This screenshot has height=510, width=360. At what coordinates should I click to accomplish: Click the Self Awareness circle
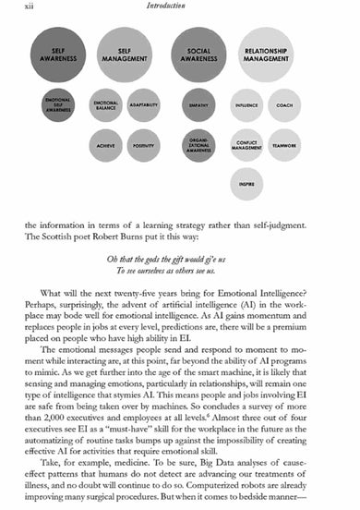point(57,56)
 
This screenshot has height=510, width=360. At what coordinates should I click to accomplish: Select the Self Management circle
point(125,56)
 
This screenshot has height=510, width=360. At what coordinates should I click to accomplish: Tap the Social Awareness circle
point(198,55)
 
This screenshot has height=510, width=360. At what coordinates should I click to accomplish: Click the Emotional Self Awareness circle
point(57,105)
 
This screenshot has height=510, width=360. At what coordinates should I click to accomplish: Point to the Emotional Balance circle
point(105,105)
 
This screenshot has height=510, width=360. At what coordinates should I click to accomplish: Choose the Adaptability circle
point(144,105)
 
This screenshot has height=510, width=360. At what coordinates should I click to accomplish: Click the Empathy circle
point(198,105)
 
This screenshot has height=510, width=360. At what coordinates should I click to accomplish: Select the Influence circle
point(246,105)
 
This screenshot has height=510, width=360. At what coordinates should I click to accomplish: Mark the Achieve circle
point(105,144)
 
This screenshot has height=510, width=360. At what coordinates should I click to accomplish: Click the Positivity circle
point(144,144)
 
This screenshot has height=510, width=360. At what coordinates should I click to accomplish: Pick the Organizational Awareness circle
point(198,144)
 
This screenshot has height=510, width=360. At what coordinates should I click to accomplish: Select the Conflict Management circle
point(246,144)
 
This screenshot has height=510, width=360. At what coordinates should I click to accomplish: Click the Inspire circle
point(246,183)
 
